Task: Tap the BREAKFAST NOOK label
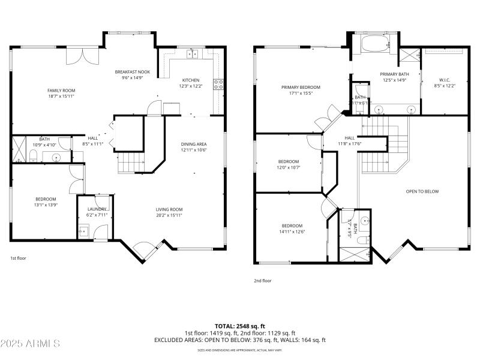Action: pos(132,72)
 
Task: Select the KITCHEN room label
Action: pos(191,80)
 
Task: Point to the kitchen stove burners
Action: pos(220,85)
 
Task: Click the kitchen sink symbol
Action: pos(193,54)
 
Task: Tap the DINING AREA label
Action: pos(194,144)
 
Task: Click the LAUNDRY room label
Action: pos(97,209)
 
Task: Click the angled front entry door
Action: pos(143,248)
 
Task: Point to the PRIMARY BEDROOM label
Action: pos(301,87)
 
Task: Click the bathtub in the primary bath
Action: pos(375,44)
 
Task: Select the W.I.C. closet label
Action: pos(444,80)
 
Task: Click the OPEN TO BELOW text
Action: pos(422,191)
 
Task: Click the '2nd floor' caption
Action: pos(262,280)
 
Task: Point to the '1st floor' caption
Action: pos(18,258)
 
